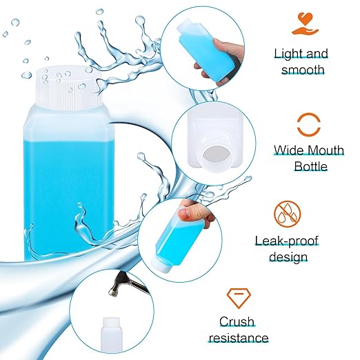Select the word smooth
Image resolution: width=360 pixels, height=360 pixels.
click(301, 70)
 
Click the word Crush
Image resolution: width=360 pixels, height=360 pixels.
click(237, 321)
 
